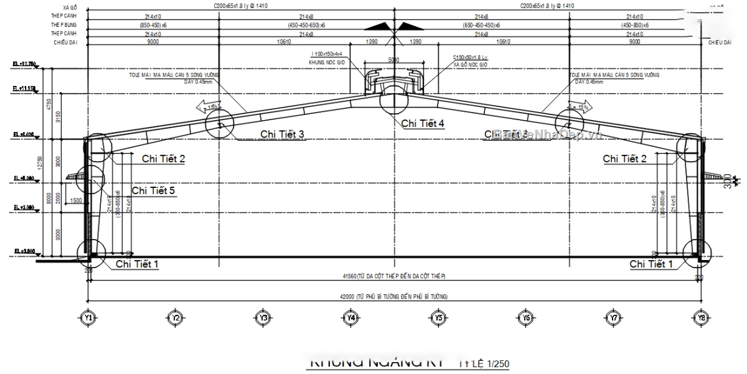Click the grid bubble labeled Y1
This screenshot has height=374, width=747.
pos(88,318)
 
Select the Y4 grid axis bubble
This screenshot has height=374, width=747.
pos(351,318)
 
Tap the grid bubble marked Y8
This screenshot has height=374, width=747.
pos(702,318)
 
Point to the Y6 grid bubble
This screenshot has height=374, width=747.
pos(526,318)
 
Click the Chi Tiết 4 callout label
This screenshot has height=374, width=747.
pos(423,123)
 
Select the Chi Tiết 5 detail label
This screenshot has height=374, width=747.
pos(153,190)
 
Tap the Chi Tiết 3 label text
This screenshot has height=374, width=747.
pos(282,134)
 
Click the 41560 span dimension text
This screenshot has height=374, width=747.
pos(394,276)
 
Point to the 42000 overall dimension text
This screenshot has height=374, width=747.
pos(394,297)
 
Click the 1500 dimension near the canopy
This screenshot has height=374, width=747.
pos(77,200)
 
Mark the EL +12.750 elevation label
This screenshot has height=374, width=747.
pos(24,64)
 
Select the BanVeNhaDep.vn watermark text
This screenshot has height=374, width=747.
pos(548,133)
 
